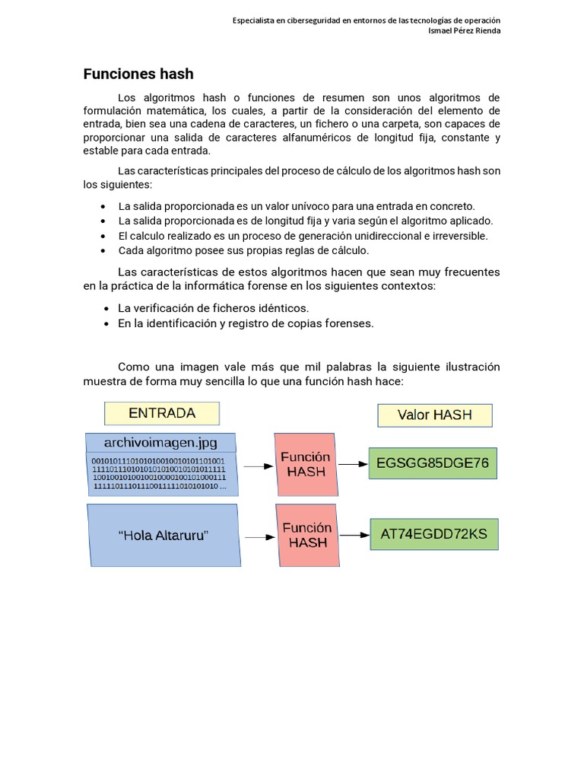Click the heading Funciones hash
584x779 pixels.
(x=138, y=74)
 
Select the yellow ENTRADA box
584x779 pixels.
(x=162, y=413)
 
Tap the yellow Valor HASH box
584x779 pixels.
(x=435, y=415)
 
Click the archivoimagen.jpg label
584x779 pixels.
(x=160, y=442)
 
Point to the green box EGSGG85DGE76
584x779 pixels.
(x=432, y=463)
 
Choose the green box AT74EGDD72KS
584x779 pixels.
(x=433, y=533)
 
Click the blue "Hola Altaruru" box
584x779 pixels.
(x=163, y=536)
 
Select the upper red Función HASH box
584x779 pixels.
(x=305, y=464)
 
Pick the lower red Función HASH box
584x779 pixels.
(x=308, y=536)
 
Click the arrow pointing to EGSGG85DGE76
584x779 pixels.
(x=352, y=463)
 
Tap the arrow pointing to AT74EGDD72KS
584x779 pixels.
(x=353, y=533)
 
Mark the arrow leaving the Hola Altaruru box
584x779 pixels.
(x=259, y=537)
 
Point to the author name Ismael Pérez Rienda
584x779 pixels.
(x=465, y=30)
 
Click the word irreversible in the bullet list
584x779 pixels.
(x=460, y=236)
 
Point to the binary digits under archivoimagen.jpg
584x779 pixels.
(x=158, y=474)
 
